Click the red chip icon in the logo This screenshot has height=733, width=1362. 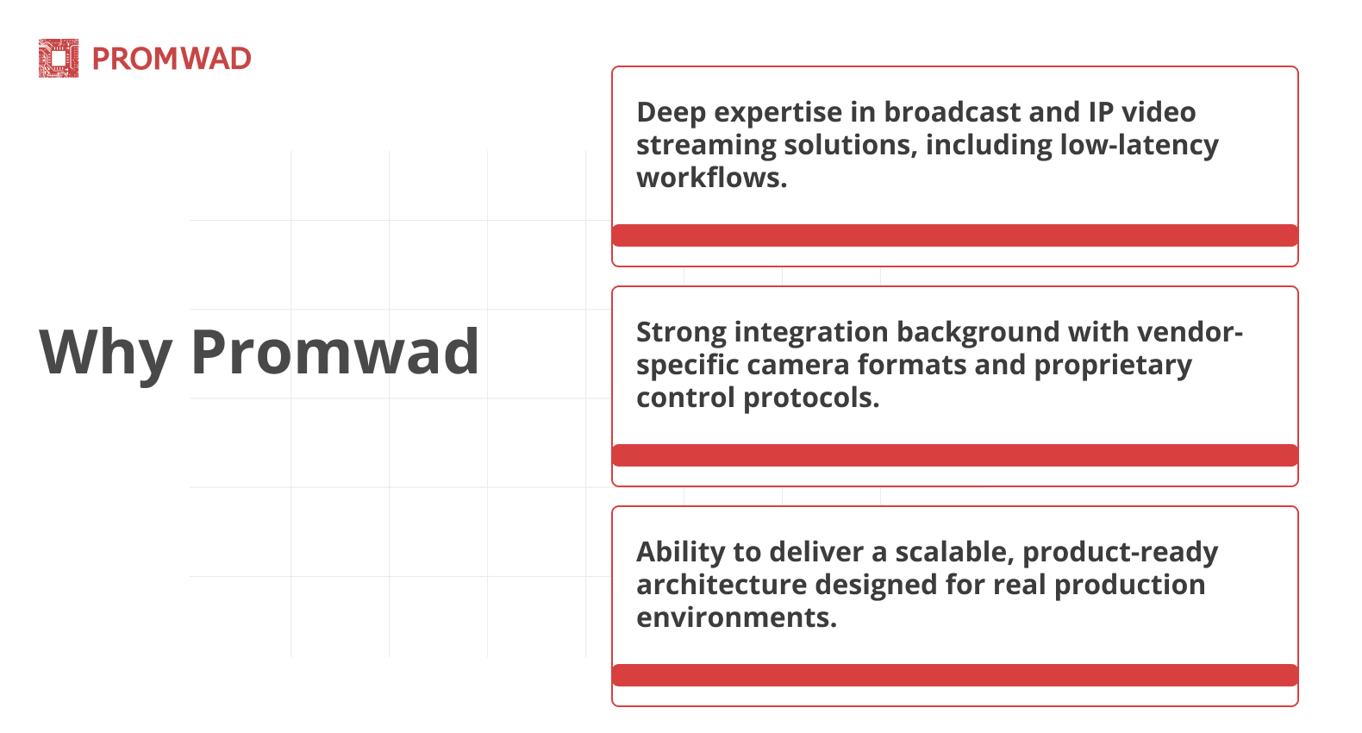[x=59, y=59]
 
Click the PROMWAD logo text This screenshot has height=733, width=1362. [x=172, y=59]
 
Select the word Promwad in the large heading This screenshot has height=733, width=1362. [x=335, y=352]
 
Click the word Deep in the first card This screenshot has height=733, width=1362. [x=671, y=113]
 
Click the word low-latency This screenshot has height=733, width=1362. [x=1140, y=146]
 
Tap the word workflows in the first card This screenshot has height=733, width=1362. [x=711, y=178]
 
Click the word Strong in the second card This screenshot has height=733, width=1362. [x=682, y=333]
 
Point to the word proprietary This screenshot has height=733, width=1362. [x=1113, y=366]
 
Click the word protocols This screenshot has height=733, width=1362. [x=811, y=398]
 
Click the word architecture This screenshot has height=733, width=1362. [x=722, y=585]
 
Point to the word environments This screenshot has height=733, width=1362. [x=737, y=618]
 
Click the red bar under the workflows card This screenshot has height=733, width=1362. [x=955, y=235]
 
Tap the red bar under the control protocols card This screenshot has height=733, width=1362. [x=955, y=455]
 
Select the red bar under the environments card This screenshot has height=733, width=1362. [x=955, y=675]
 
